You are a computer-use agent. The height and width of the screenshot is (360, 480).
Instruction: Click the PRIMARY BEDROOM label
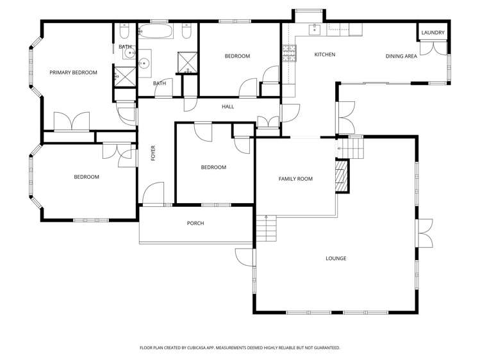click(x=73, y=72)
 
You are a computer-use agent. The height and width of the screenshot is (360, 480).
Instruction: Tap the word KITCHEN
click(x=324, y=54)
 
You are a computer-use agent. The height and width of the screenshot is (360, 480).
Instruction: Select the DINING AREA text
click(x=401, y=56)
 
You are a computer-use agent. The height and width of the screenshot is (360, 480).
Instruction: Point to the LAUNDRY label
click(x=433, y=33)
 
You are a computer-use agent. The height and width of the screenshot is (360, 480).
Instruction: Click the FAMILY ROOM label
click(x=295, y=179)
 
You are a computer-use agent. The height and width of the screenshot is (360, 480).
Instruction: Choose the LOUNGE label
click(x=336, y=258)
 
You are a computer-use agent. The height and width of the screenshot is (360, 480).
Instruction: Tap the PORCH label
click(x=195, y=223)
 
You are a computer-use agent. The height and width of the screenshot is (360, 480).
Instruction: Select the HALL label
click(x=228, y=106)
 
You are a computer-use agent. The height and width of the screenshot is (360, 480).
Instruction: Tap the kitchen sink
click(x=315, y=29)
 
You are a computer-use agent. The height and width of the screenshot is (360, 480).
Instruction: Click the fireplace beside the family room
click(x=343, y=176)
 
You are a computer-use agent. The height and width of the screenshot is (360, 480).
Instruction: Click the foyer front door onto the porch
click(x=153, y=195)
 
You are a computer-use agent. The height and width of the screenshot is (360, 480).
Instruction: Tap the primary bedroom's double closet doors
click(x=72, y=122)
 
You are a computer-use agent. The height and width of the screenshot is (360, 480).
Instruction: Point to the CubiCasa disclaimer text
click(x=240, y=348)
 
